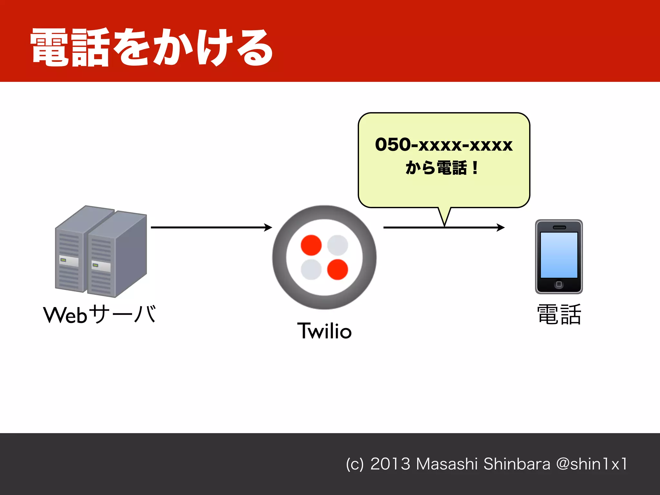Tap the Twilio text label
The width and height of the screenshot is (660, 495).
tap(324, 331)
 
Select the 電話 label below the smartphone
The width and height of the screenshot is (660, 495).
tap(559, 315)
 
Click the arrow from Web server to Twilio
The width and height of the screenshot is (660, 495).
tap(211, 228)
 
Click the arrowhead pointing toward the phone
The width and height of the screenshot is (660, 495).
tap(500, 228)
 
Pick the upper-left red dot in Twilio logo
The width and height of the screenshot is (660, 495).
tap(311, 245)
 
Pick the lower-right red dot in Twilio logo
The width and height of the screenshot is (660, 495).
tap(337, 269)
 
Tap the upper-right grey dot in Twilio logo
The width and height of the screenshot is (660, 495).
tap(337, 245)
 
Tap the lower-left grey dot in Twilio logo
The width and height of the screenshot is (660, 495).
tap(311, 269)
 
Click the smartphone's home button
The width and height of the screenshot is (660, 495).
tap(559, 284)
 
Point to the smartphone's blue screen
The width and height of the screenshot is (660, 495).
tap(559, 255)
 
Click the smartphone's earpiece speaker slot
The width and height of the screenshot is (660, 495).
tap(559, 228)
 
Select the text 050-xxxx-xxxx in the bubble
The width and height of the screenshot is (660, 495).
tap(444, 145)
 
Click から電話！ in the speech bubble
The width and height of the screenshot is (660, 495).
tap(442, 168)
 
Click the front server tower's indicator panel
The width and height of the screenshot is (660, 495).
tap(101, 266)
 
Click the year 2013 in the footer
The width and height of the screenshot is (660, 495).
tap(390, 464)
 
